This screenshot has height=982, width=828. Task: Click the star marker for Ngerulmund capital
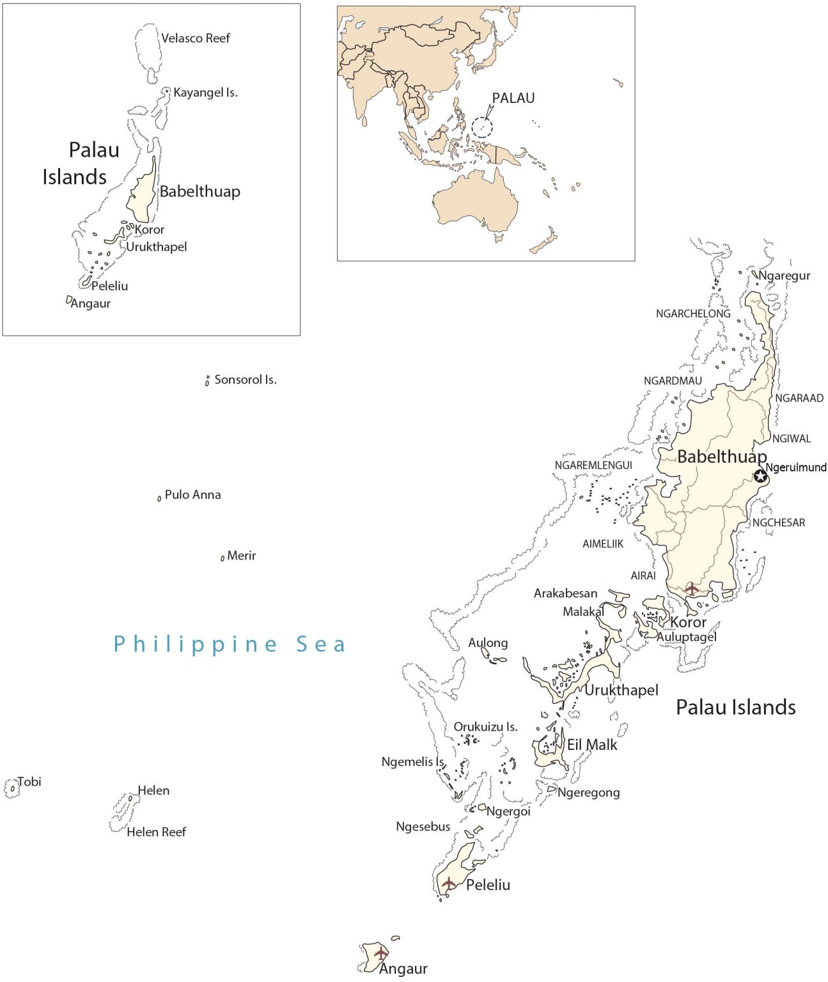(x=760, y=476)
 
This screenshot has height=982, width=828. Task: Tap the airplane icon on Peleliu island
(x=449, y=884)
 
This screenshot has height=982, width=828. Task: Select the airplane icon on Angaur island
(x=381, y=953)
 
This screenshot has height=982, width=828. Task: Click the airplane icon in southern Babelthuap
(x=692, y=588)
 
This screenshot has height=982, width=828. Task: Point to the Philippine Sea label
(x=230, y=644)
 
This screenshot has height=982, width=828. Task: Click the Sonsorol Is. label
(x=245, y=380)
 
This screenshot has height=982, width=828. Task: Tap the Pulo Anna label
(x=192, y=495)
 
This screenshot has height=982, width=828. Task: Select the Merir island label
(x=241, y=556)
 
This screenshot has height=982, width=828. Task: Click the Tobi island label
(x=29, y=782)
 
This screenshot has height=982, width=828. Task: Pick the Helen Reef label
(x=156, y=832)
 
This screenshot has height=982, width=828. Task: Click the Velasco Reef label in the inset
(x=195, y=38)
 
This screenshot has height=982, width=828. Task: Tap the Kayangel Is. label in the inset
(x=205, y=93)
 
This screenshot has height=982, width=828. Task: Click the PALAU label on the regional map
(x=513, y=98)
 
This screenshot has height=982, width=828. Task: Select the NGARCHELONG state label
(x=692, y=314)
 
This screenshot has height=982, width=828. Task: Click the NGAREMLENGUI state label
(x=593, y=465)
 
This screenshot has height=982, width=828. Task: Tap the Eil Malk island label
(x=592, y=745)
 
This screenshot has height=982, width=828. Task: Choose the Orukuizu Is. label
(x=485, y=727)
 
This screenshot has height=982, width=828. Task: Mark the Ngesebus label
(x=423, y=827)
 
